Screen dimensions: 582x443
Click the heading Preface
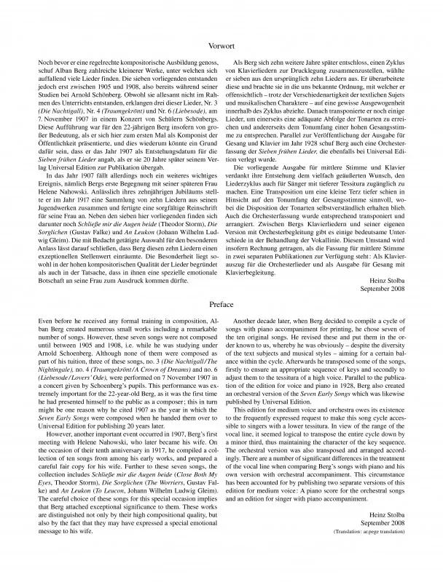(x=221, y=304)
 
